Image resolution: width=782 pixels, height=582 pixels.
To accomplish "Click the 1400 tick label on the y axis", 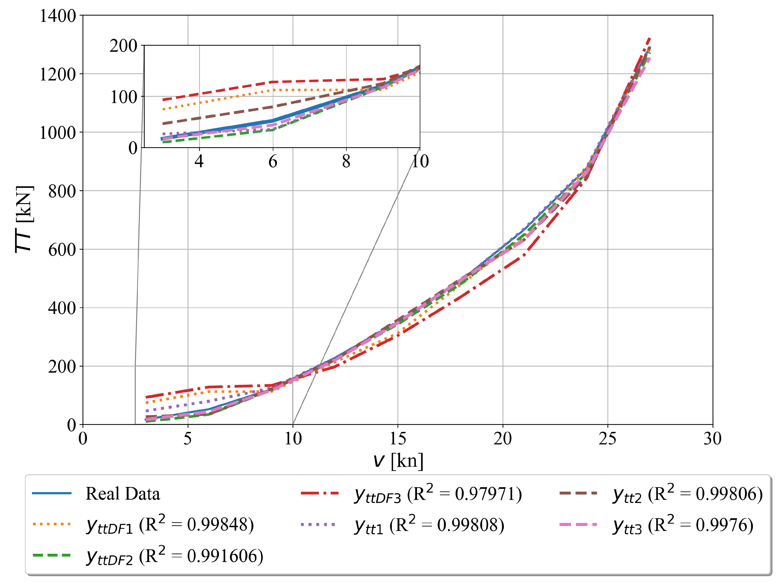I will coord(57,16).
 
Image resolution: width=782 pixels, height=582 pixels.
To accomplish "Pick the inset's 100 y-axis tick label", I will coord(124,97).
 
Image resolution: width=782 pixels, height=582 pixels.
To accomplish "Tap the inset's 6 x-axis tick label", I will coord(273,162).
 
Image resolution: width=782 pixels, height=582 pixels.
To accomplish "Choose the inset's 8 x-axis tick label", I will coord(346,162).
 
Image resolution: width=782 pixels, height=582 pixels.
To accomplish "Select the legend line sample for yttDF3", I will coord(320,494).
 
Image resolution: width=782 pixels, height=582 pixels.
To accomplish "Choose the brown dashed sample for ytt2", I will coord(578,494).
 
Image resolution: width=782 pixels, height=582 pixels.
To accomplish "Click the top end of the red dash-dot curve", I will coord(649,38).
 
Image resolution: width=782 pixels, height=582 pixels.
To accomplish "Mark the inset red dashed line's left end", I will coord(163,100).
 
